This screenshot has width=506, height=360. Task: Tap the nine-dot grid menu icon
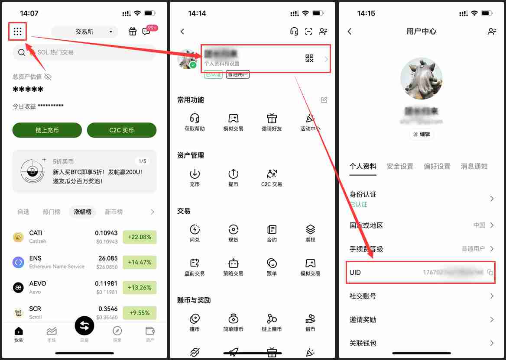18,32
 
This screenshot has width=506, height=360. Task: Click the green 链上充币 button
47,130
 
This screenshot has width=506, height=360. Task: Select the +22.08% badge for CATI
139,237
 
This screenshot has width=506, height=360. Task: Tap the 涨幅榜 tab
83,212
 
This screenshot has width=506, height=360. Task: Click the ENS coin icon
18,262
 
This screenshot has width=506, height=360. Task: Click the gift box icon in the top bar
133,32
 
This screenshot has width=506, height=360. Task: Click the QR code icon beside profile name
309,59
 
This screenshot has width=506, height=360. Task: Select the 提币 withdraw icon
233,174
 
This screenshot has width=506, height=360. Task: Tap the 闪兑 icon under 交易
195,229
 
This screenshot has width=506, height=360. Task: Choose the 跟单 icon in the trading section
272,263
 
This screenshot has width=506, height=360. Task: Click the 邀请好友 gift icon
272,119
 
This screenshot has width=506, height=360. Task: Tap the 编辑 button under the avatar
422,134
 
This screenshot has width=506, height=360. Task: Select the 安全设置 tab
399,166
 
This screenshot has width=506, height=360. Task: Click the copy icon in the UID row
490,273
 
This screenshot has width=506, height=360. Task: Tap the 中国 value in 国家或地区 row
479,225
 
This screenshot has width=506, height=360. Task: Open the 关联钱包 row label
363,343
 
